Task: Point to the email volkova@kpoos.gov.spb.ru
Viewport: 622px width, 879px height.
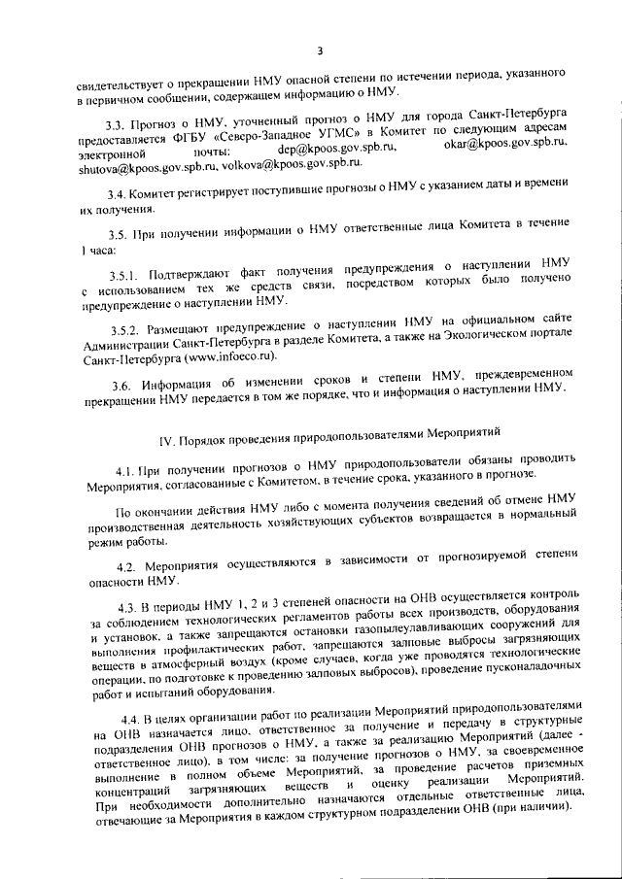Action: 283,167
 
